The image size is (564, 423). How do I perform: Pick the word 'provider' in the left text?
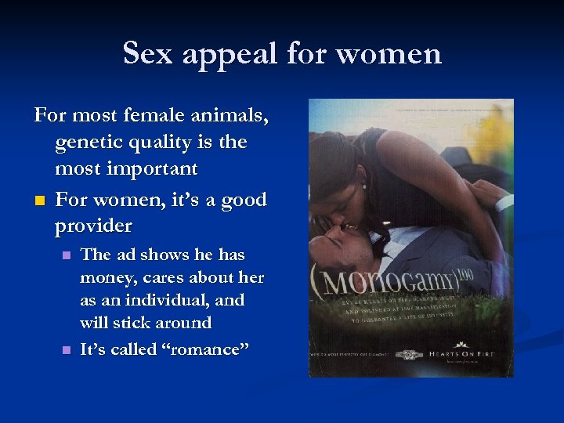pyautogui.click(x=94, y=226)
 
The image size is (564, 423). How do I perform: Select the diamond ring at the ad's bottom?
pyautogui.click(x=407, y=355)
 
